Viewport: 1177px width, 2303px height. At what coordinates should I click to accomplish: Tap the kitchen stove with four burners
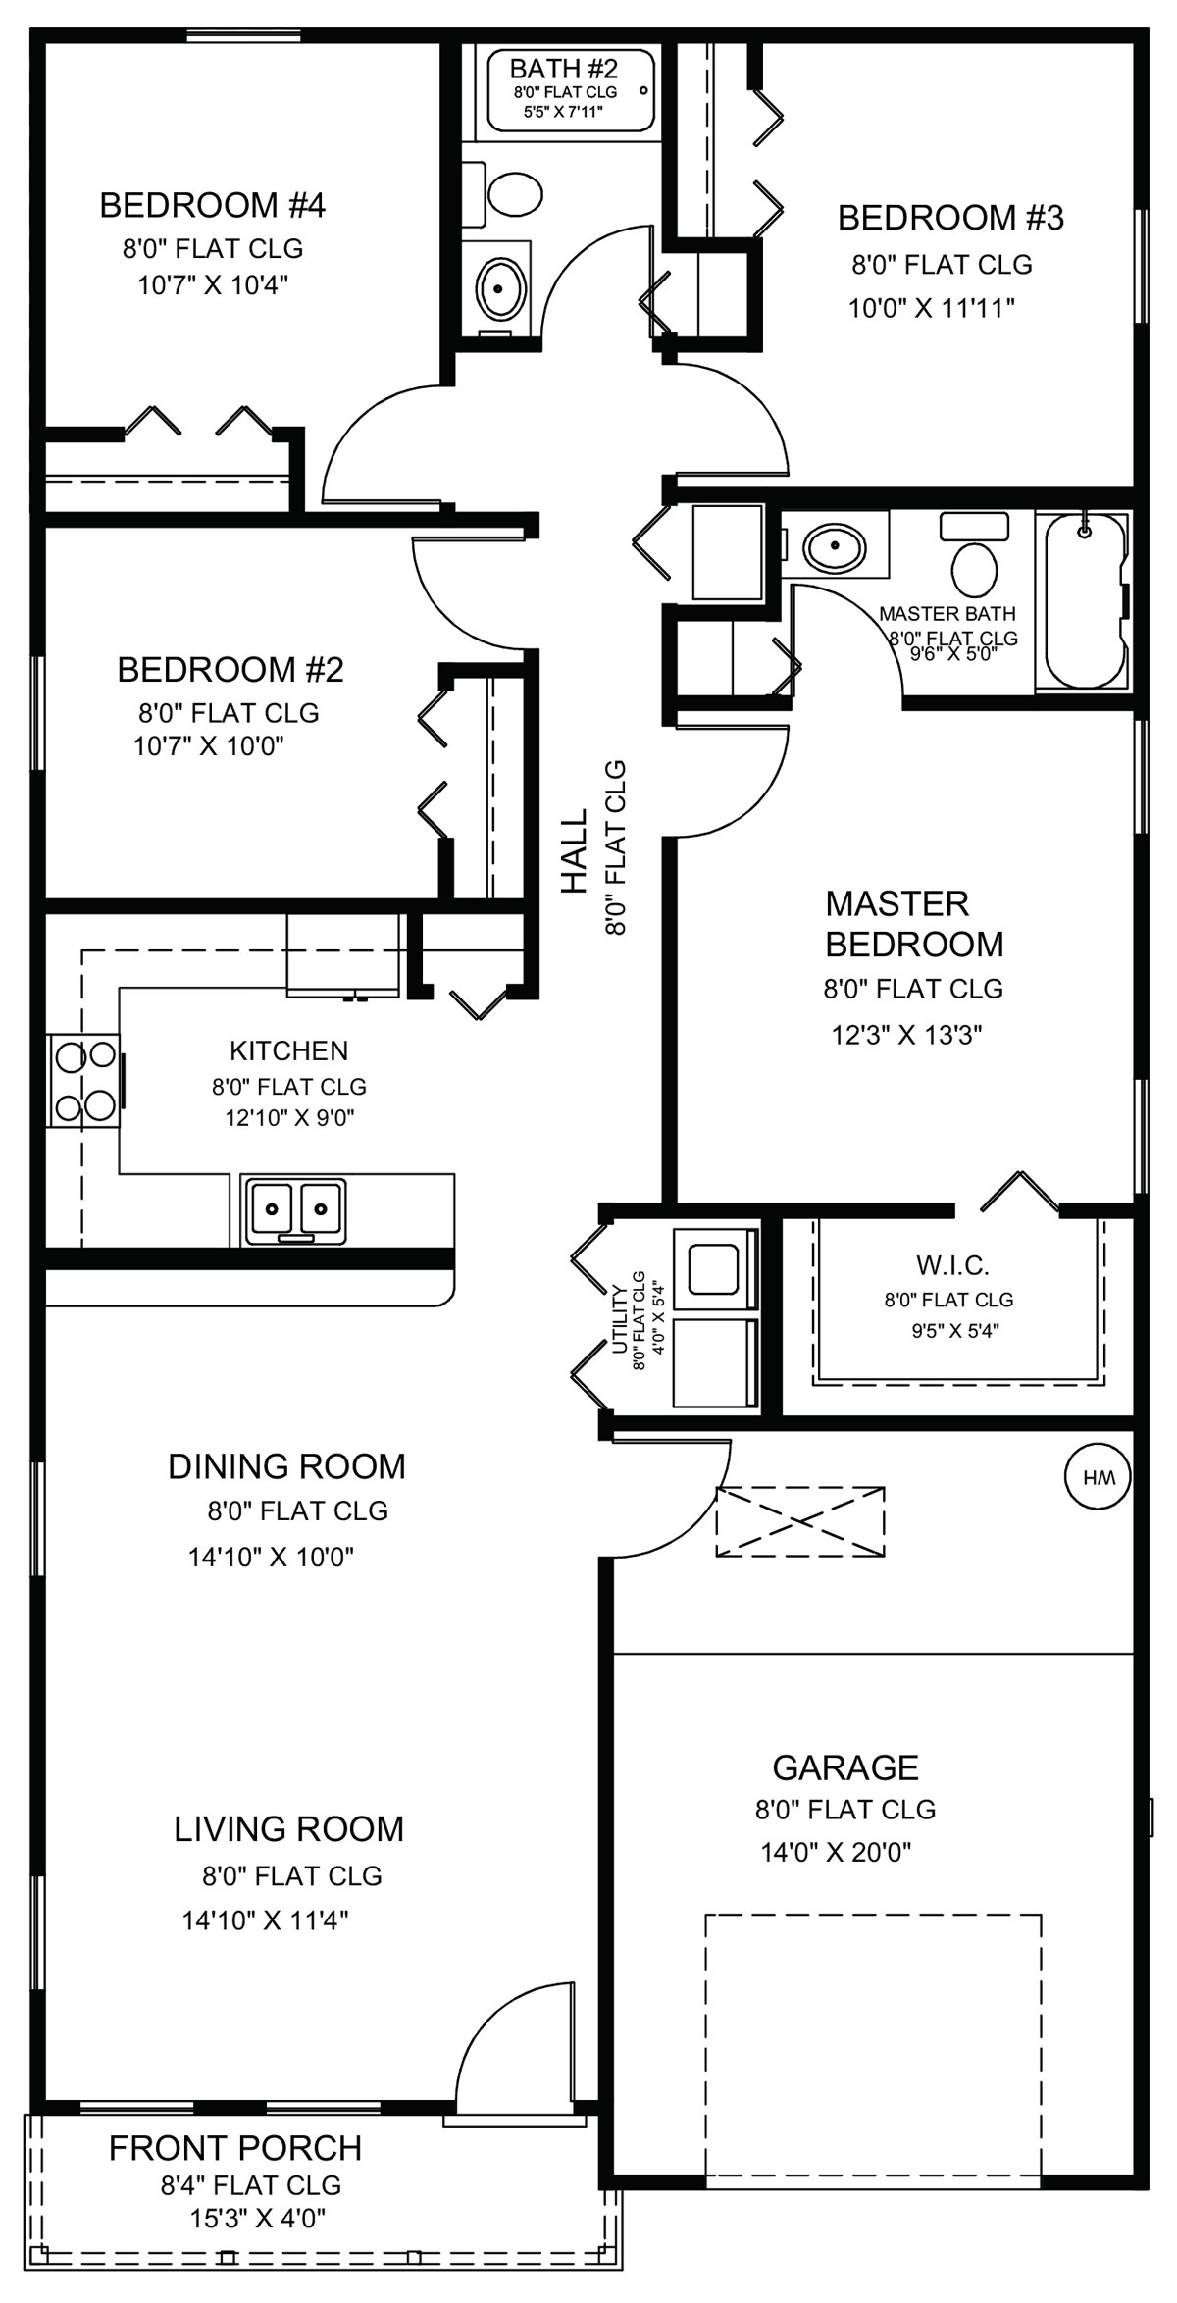84,1082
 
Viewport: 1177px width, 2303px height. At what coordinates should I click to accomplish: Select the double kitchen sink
294,1208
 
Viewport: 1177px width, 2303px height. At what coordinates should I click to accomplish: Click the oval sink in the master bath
835,545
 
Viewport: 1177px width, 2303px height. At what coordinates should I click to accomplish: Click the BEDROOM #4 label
213,205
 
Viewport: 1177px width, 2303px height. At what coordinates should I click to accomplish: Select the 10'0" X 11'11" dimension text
932,308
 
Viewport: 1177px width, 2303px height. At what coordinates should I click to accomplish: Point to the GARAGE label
845,1766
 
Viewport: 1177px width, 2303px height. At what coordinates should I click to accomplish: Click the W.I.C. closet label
952,1264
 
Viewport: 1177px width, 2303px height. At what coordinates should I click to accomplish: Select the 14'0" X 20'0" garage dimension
837,1852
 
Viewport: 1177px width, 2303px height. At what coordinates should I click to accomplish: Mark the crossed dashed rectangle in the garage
800,1521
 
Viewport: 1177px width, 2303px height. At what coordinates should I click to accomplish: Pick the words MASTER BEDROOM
914,923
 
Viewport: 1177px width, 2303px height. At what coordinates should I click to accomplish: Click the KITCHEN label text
289,1050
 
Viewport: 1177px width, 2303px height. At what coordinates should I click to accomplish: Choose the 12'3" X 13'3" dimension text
907,1034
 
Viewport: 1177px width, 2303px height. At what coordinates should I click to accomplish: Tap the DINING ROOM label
286,1465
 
